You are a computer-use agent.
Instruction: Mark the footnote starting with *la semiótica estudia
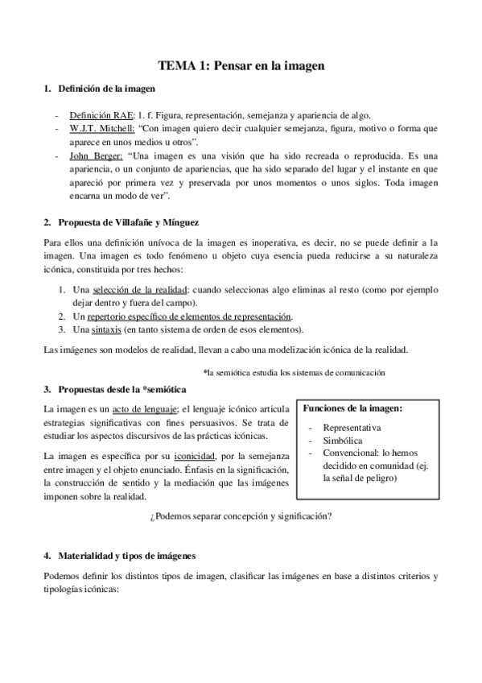click(x=295, y=372)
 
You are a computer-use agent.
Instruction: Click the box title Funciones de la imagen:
click(x=351, y=408)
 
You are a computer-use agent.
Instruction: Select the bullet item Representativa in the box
click(x=352, y=427)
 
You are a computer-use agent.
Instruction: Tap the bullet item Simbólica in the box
click(x=342, y=441)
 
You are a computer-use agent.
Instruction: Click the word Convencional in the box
click(x=350, y=453)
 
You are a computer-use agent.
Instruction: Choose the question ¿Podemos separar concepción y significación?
click(x=241, y=516)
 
